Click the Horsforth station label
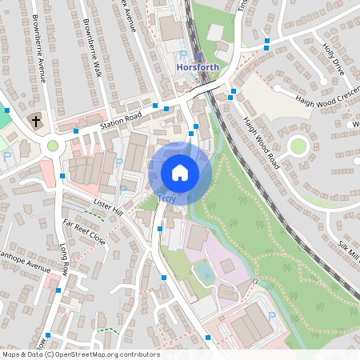[x=196, y=68]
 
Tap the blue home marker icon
[x=180, y=172]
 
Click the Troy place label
[x=166, y=198]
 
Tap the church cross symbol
[x=35, y=121]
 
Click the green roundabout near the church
[x=54, y=146]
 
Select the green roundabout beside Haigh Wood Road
[x=299, y=146]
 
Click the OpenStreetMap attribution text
[x=80, y=354]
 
